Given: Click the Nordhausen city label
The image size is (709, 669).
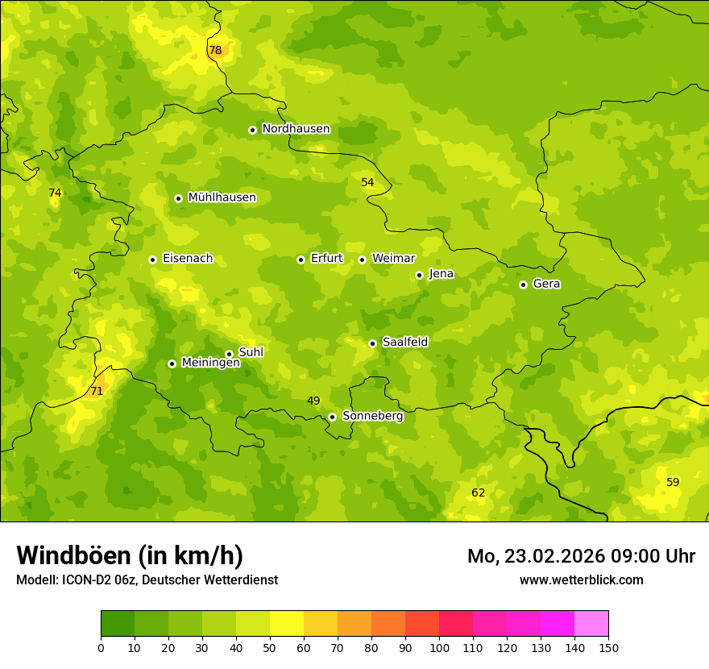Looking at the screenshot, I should [x=296, y=129].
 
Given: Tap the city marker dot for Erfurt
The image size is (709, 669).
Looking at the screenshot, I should [x=301, y=260].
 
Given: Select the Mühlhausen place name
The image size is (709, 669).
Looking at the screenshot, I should [x=222, y=197].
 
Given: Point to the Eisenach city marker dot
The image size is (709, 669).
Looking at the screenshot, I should [x=152, y=260].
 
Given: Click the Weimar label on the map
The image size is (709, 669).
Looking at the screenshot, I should [x=393, y=259].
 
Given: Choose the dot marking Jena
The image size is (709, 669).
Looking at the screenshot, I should [x=419, y=275].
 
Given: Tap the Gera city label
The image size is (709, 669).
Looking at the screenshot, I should [x=546, y=284].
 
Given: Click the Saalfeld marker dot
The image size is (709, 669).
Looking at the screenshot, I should [x=372, y=343].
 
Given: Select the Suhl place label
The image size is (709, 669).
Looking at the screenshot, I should [x=251, y=352].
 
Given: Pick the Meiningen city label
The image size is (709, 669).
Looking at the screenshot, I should [x=210, y=363].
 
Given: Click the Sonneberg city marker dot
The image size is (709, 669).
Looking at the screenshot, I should [x=332, y=417].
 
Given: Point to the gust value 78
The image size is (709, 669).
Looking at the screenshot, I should [x=215, y=50].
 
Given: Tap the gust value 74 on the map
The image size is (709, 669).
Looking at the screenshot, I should [x=55, y=193].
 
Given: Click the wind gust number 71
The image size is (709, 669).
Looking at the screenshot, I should [x=97, y=391].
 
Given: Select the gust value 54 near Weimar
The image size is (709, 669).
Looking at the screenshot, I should [x=367, y=182].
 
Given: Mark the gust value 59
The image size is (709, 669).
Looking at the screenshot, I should [x=673, y=482].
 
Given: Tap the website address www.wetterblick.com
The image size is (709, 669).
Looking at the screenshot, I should [x=581, y=580].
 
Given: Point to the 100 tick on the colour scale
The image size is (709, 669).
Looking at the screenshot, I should [x=439, y=647].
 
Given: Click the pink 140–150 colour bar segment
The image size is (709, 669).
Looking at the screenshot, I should [x=591, y=624].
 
